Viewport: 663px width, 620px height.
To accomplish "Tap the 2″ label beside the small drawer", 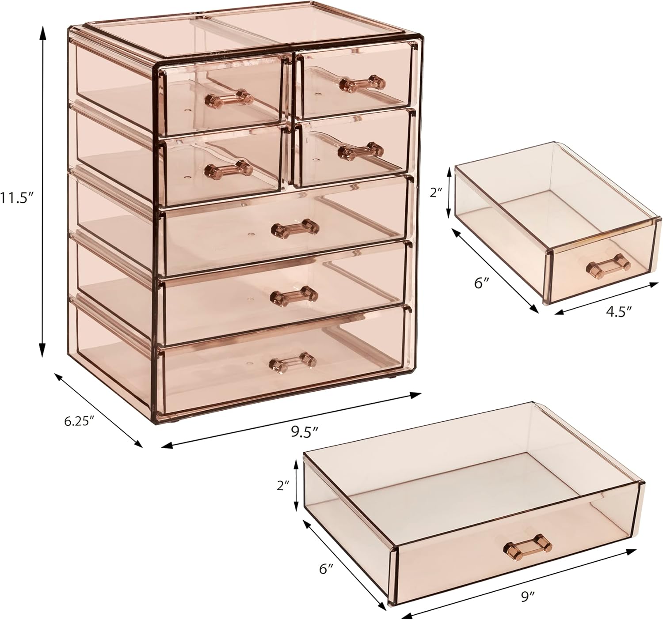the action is pos(436,193).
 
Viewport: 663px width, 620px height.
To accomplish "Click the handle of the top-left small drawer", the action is pos(228,98).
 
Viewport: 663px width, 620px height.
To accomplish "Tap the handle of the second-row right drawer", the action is pos(360,151).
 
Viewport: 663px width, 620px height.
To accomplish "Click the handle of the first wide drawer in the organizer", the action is pos(295,228).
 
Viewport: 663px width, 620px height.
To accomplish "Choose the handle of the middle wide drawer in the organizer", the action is pos(294,295).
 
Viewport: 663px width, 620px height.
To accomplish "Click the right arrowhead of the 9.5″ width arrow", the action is pos(415,395).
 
